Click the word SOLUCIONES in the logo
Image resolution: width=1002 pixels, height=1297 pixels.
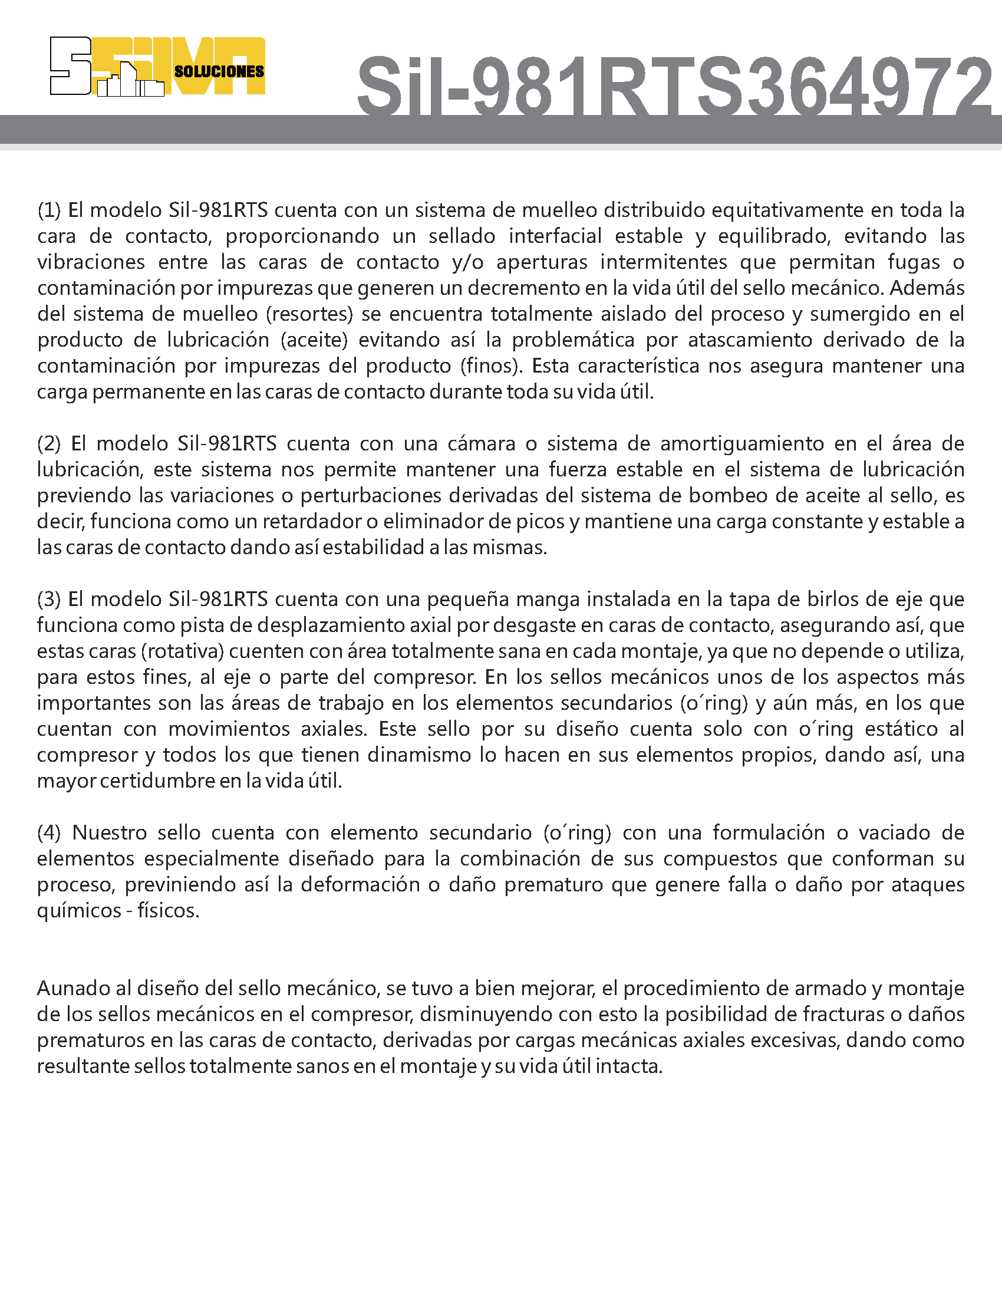[x=219, y=72]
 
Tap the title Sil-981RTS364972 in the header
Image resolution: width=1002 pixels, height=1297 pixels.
[x=673, y=85]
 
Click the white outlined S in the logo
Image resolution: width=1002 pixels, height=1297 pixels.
[x=70, y=66]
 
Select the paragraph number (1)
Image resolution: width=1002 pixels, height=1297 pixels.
[x=50, y=210]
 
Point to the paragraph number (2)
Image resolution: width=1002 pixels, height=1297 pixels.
[x=50, y=443]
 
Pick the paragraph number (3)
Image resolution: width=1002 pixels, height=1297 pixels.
[x=50, y=599]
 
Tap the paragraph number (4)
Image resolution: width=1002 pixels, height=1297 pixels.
[x=50, y=832]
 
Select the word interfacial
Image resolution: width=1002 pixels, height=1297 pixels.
[x=555, y=236]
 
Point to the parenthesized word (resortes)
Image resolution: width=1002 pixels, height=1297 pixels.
[x=309, y=314]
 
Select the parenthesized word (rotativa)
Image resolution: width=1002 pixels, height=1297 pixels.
[x=182, y=651]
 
